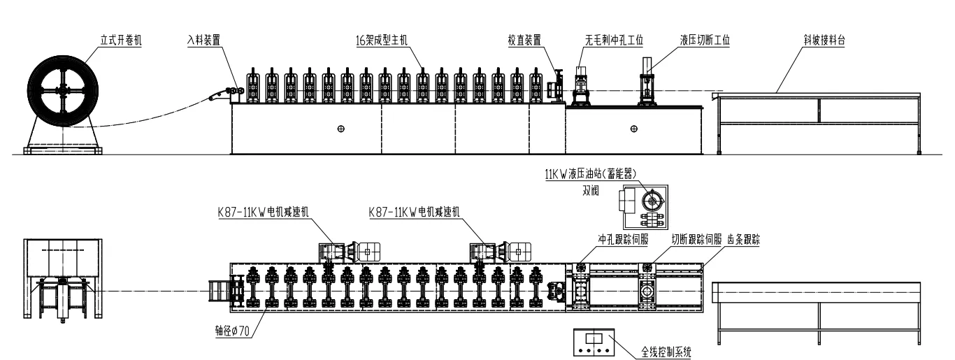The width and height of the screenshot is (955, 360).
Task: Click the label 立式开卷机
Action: click(121, 40)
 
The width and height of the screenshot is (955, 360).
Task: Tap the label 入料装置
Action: click(203, 40)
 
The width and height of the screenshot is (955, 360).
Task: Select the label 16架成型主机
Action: click(382, 40)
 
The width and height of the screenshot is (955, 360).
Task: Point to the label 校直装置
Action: click(524, 40)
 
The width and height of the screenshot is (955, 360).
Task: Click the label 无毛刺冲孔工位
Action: click(614, 40)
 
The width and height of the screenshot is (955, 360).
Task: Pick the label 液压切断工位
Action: click(705, 40)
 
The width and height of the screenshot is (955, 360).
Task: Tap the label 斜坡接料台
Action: click(824, 40)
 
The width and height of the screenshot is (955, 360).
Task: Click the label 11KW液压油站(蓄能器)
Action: click(591, 174)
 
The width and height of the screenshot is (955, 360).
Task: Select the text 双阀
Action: click(591, 191)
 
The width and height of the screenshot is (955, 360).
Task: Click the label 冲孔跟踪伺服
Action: click(624, 240)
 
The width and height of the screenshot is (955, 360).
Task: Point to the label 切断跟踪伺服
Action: click(696, 240)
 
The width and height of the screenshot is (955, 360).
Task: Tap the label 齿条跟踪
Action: click(744, 240)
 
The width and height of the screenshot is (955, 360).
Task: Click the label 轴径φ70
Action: click(232, 331)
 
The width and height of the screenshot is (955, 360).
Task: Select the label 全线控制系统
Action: click(666, 352)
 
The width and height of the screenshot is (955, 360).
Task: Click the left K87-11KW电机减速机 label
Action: click(263, 212)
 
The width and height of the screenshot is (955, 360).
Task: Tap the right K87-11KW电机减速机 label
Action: click(415, 212)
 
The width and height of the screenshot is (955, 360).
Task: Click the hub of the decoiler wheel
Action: click(63, 90)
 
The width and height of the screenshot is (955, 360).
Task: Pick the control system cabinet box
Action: click(594, 342)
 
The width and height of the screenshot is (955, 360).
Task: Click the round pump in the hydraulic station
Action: click(652, 200)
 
